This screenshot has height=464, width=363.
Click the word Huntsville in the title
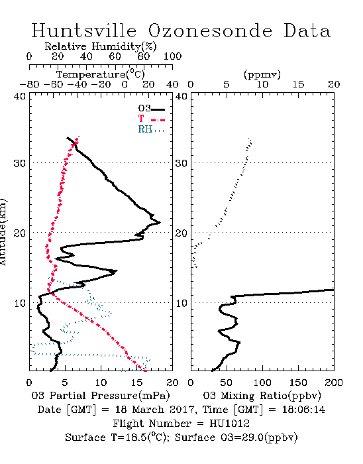(84, 30)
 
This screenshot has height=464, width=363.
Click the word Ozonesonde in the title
(210, 30)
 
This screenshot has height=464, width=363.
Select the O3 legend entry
(152, 109)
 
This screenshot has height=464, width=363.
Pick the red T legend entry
(152, 119)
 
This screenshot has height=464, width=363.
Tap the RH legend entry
(151, 129)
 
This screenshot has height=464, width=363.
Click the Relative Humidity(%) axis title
(101, 46)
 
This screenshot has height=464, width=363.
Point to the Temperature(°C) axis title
(101, 74)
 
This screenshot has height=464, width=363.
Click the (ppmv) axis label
(262, 75)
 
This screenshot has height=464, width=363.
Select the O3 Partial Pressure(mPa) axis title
(101, 396)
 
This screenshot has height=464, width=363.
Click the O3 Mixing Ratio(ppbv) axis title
(262, 396)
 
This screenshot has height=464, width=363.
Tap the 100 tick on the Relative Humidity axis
(173, 56)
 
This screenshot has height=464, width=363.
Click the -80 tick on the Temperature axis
(30, 85)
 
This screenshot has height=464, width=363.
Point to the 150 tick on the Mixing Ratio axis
(298, 382)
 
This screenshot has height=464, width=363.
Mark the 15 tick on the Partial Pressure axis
(136, 382)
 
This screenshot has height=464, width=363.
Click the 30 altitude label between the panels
(181, 163)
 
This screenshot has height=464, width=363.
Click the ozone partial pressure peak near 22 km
(160, 222)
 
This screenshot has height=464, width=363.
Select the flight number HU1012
(230, 424)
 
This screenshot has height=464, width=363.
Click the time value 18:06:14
(303, 410)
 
